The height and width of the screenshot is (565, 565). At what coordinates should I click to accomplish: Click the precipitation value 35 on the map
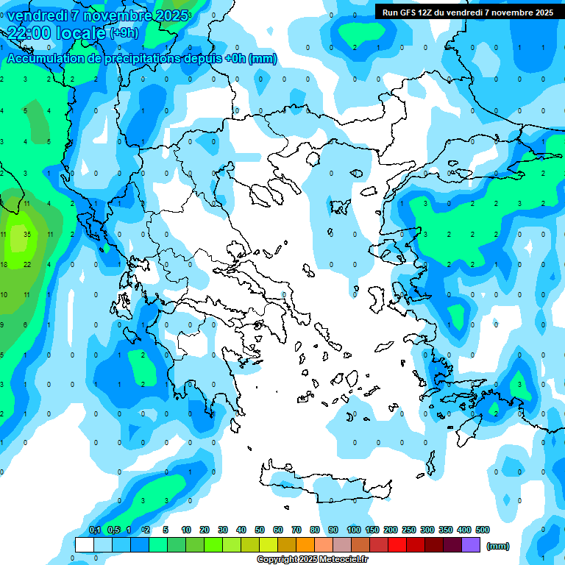(26, 234)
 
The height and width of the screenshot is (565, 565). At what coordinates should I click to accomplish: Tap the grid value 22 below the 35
(26, 264)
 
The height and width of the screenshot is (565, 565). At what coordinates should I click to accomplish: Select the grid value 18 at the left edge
(4, 264)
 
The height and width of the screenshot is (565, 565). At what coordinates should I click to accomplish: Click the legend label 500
(483, 530)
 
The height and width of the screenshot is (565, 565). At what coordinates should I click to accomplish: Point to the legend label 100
(354, 530)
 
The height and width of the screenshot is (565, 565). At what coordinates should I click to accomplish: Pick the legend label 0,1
(95, 530)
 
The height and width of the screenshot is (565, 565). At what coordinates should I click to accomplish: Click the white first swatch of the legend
(85, 544)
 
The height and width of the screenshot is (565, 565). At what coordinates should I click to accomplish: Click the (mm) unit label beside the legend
(498, 546)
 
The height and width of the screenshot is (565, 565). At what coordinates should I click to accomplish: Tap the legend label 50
(260, 530)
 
